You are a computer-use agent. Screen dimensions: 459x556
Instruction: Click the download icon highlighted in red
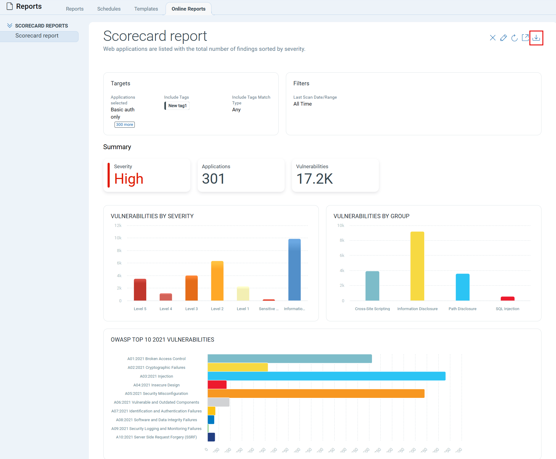pos(536,38)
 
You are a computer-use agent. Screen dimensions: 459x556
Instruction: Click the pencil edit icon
pos(503,38)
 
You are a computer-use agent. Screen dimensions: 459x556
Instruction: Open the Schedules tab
pos(109,9)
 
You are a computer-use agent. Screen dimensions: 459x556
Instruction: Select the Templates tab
pos(146,9)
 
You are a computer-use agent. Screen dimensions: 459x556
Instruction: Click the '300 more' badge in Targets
pos(124,125)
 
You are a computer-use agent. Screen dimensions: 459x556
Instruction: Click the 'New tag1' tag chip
pos(177,106)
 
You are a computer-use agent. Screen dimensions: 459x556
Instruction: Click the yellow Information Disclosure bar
pos(417,266)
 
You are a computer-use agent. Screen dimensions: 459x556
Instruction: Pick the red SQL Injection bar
pos(507,299)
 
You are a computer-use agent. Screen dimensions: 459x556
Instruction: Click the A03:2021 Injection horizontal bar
pos(326,376)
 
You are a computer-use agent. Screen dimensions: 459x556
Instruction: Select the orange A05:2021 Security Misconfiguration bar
pos(316,394)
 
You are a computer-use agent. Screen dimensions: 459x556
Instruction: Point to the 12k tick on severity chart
pos(118,225)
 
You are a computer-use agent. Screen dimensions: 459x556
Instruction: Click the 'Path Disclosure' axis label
pos(462,309)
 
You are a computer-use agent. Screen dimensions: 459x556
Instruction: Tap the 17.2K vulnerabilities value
pos(315,179)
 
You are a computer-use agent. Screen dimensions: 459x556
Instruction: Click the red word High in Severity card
pos(129,179)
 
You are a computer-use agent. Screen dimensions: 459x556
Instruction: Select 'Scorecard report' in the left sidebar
pos(37,36)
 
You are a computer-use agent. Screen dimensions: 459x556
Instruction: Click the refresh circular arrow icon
pos(514,38)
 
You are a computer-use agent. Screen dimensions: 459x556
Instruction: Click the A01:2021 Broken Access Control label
pos(156,359)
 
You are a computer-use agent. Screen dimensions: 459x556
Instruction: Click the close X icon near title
pos(493,38)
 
